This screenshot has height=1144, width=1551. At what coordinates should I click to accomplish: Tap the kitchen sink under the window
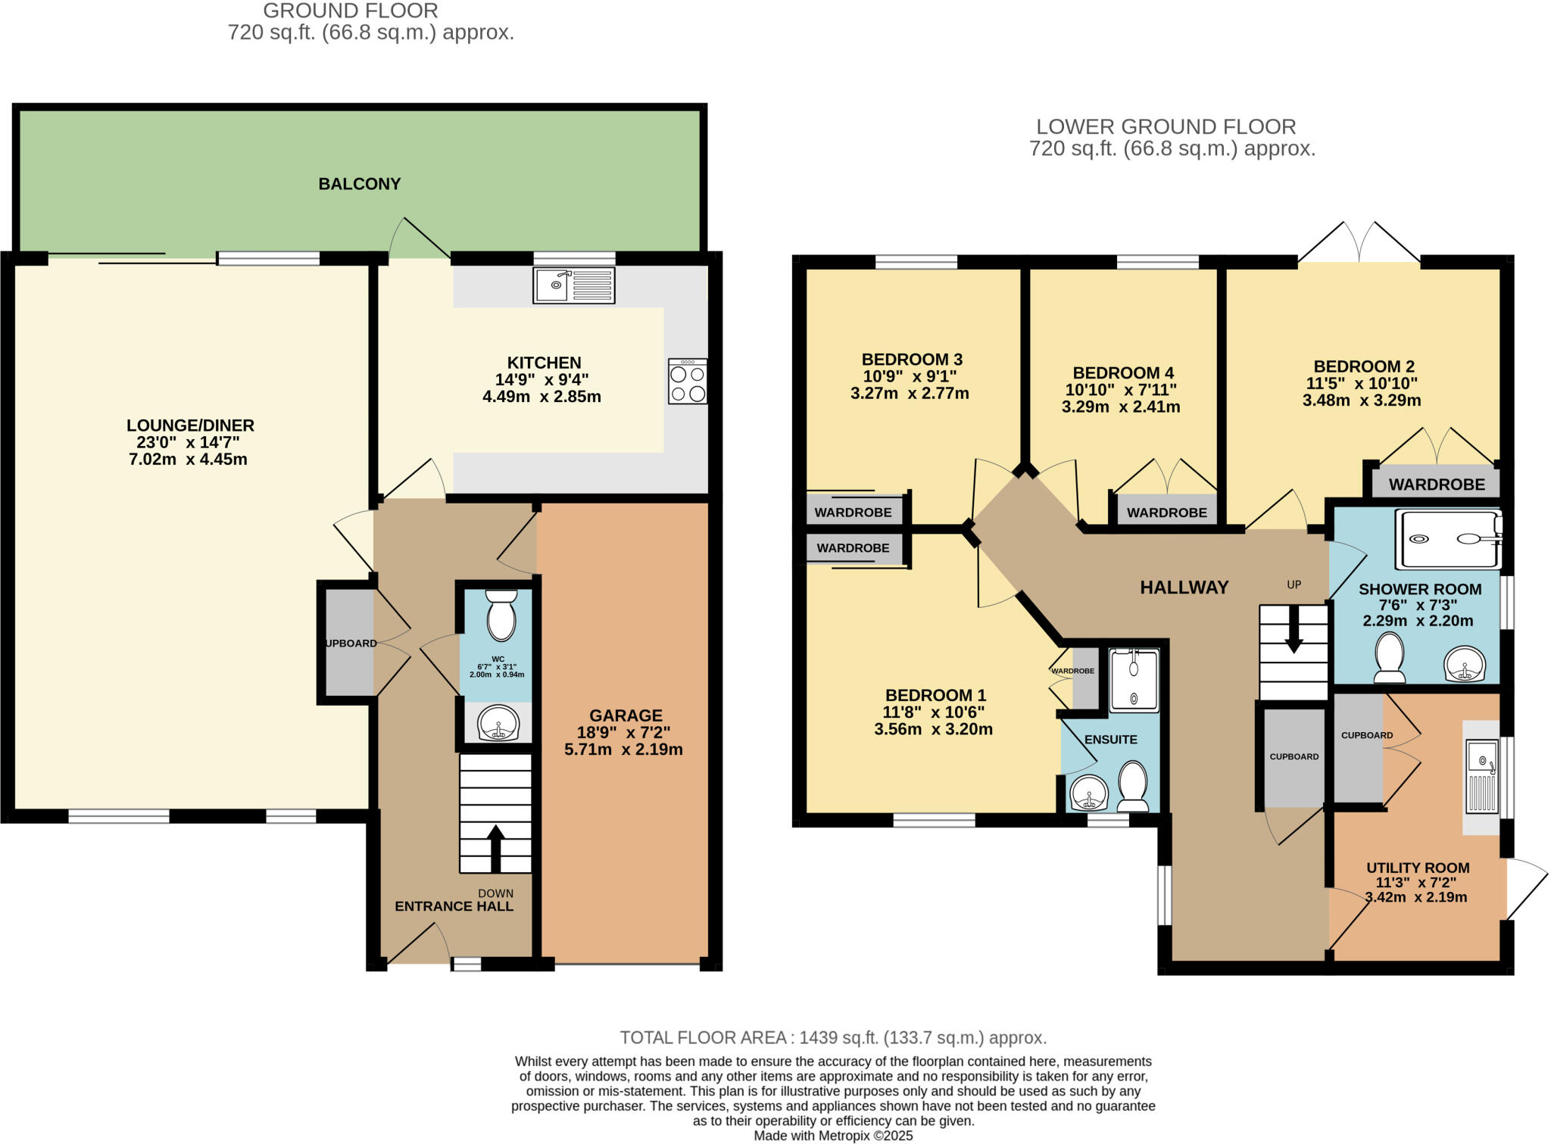[x=573, y=285]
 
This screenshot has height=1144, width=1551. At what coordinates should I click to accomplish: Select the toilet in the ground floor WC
[x=501, y=616]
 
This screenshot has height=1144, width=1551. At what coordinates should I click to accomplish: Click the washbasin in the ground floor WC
[x=498, y=723]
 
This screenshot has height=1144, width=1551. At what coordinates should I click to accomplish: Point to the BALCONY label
[x=359, y=184]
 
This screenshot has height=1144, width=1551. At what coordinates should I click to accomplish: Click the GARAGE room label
[x=626, y=715]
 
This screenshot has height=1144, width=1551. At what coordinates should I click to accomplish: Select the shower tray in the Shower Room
[x=1448, y=539]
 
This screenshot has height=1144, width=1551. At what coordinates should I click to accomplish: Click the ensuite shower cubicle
[x=1134, y=680]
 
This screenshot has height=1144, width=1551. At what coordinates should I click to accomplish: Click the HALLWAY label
[x=1184, y=588]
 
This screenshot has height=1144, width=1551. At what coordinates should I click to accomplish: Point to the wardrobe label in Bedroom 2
[x=1437, y=485]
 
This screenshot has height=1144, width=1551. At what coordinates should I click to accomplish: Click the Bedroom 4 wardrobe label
[x=1166, y=513]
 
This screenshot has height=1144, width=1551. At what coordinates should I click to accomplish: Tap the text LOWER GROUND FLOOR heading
[x=1166, y=126]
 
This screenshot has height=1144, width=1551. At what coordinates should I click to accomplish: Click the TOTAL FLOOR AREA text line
[x=833, y=1037]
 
